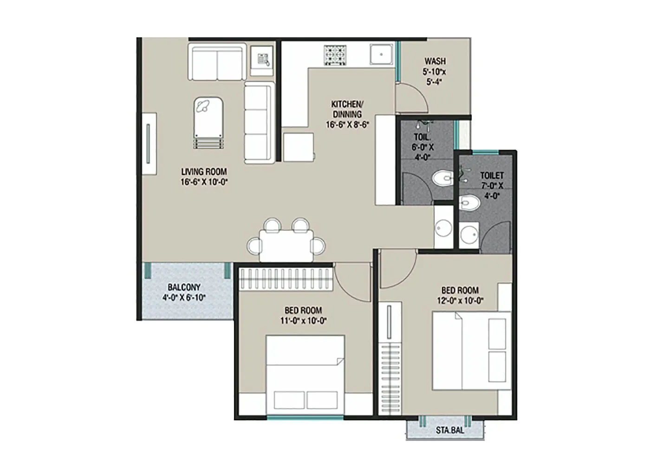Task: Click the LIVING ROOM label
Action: (x=204, y=172)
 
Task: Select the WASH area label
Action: (x=435, y=61)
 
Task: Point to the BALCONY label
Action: (x=184, y=287)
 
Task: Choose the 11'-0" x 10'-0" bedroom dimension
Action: (x=303, y=320)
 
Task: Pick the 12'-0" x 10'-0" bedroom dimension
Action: (x=460, y=300)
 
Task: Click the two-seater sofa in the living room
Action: (x=216, y=63)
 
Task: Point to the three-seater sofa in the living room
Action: (x=258, y=123)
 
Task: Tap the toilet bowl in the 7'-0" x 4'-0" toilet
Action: (x=469, y=203)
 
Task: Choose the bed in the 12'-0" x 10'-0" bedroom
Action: (x=472, y=350)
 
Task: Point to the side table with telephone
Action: (x=262, y=60)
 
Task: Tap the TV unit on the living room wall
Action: (x=149, y=143)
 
